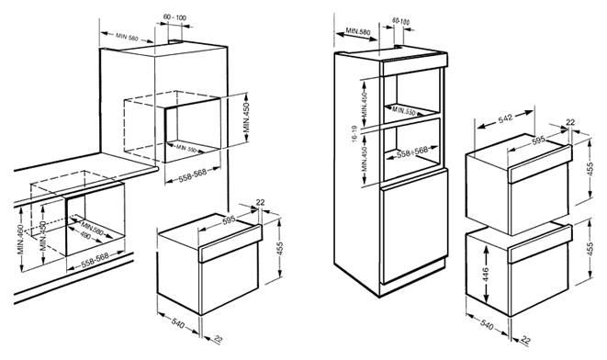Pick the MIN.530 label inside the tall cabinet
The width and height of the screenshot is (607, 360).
pyautogui.click(x=403, y=111)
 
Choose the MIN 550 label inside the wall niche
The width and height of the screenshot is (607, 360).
pyautogui.click(x=186, y=148)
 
